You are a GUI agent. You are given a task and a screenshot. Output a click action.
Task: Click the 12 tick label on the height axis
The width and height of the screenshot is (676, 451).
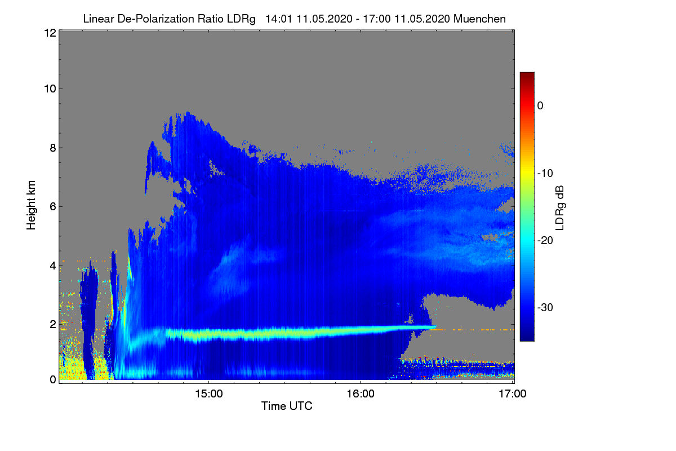[x=50, y=33]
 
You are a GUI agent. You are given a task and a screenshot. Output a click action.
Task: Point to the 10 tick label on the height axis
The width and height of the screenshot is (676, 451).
[x=50, y=89]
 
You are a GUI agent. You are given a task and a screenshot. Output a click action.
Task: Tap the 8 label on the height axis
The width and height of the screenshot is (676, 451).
[x=53, y=148]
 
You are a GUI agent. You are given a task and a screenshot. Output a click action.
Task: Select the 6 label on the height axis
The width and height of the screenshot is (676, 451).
[x=53, y=207]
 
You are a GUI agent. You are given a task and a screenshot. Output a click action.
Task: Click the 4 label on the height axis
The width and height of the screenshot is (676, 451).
[x=53, y=266]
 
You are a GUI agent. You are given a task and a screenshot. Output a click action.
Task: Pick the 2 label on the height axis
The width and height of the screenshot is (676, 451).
[x=53, y=324]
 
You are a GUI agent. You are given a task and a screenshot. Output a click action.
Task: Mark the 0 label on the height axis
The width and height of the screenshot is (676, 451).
[x=53, y=380]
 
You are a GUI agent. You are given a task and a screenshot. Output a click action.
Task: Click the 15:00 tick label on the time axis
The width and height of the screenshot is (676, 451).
[x=209, y=394]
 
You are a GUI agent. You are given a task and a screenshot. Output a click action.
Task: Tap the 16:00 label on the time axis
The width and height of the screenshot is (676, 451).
[x=361, y=394]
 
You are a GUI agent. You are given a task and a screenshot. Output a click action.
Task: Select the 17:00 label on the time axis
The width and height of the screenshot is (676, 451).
[x=513, y=394]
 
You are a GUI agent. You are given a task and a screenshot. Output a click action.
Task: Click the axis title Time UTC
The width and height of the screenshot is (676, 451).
[x=287, y=406]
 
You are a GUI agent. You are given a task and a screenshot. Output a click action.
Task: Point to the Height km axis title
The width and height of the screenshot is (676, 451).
[x=31, y=205]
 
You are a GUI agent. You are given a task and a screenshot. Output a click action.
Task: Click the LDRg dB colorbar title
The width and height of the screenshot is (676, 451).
[x=560, y=208]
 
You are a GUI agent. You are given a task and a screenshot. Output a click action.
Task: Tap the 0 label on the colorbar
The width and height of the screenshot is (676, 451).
[x=540, y=106]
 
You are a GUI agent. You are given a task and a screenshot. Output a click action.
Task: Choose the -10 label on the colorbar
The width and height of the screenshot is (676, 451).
[x=545, y=174]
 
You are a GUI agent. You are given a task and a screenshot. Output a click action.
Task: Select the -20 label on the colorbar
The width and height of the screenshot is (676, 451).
[x=545, y=241]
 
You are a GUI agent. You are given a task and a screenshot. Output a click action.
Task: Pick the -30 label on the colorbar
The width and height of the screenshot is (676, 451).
[x=545, y=308]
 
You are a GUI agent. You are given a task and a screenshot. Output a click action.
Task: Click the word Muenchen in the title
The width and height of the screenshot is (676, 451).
[x=479, y=19]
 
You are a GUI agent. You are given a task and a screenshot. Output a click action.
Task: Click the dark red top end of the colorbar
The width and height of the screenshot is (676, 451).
[x=527, y=73]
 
